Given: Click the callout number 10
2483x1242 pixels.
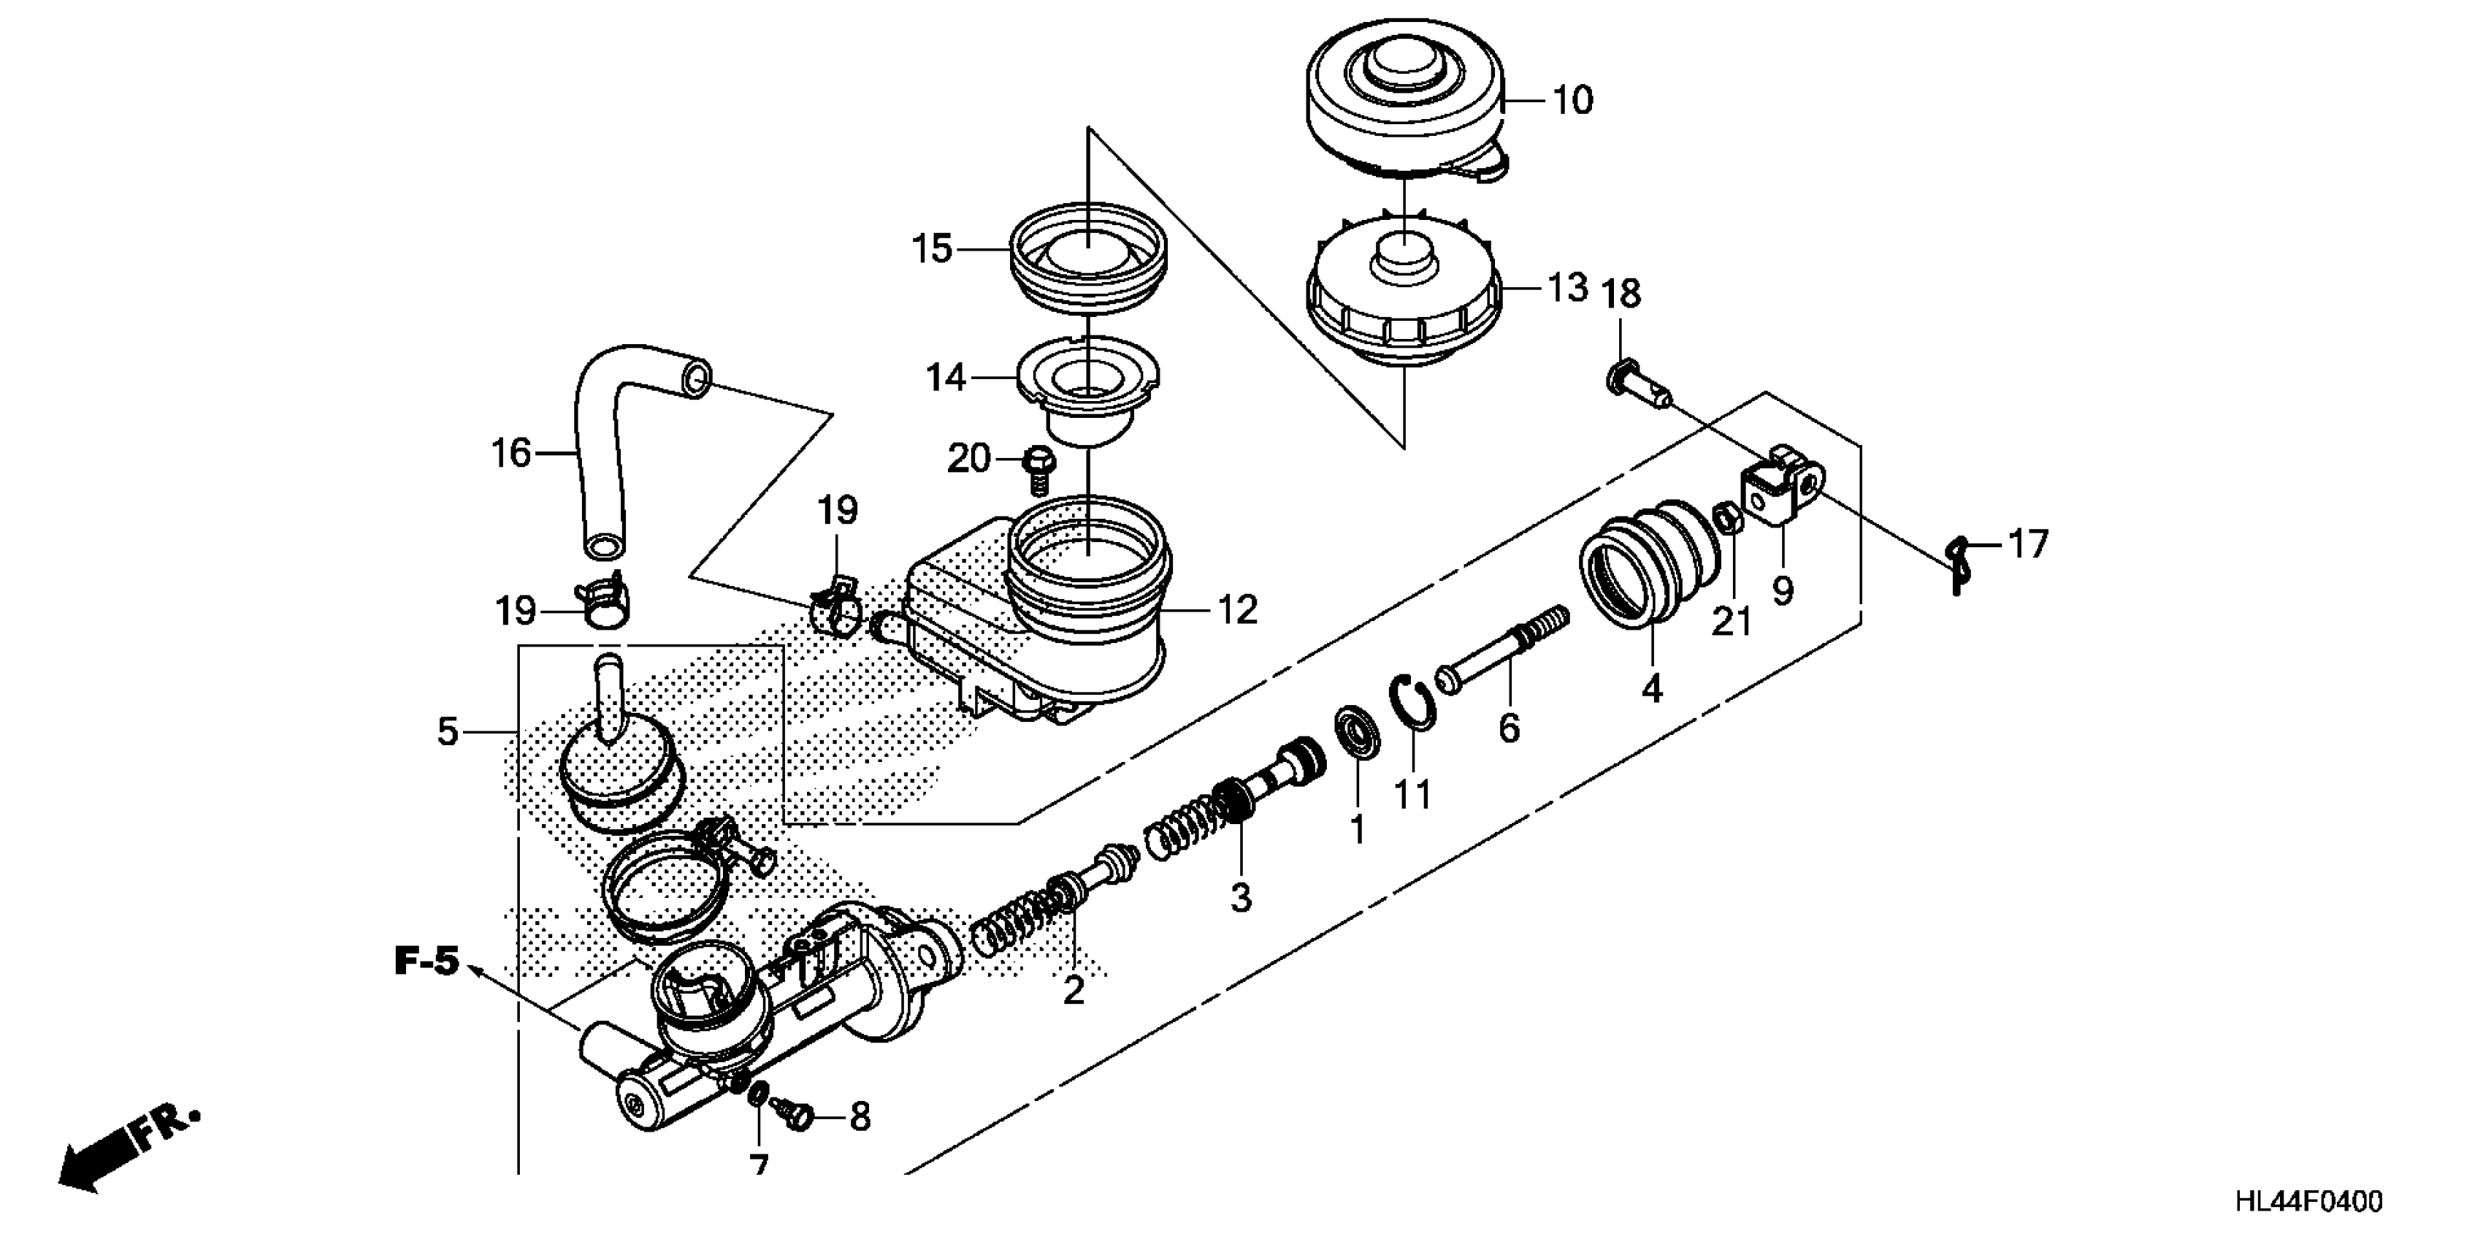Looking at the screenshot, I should (1573, 100).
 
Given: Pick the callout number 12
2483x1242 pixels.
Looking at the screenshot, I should (1238, 609).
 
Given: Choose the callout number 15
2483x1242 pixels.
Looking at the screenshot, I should (932, 249).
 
